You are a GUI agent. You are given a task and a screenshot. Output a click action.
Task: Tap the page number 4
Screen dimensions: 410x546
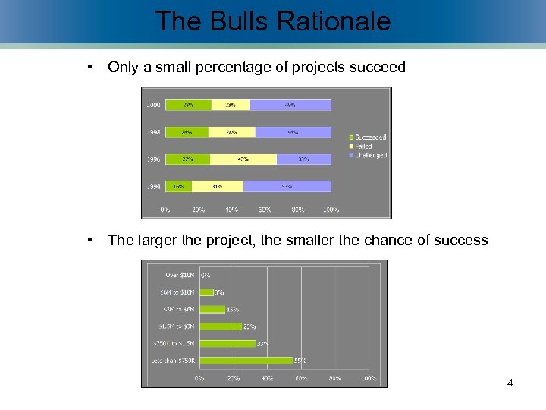pos(510,383)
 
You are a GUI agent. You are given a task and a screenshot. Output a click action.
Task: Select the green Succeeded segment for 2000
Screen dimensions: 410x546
pos(188,105)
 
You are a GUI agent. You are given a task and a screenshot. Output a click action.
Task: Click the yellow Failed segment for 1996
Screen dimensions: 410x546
pos(243,159)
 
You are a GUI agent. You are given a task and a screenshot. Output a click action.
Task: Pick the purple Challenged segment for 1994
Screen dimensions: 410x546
pos(287,186)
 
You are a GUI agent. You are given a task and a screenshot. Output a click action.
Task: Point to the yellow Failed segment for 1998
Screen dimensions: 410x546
pos(232,132)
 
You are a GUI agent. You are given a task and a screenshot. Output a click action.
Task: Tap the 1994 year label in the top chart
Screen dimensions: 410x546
pos(153,186)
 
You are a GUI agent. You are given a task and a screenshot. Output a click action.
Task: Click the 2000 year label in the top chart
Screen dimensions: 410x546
pos(153,105)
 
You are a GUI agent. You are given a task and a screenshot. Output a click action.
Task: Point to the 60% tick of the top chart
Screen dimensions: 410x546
pos(265,210)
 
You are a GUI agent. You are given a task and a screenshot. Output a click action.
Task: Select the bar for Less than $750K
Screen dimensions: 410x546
pos(246,361)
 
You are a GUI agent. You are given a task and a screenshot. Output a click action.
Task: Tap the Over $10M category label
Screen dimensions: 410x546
pos(180,275)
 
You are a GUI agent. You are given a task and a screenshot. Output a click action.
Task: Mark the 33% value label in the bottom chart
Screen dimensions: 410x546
pos(263,344)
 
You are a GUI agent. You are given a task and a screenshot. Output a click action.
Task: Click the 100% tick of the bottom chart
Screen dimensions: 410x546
pos(369,378)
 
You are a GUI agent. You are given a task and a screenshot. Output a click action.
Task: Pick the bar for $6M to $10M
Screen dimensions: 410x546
pos(206,292)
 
